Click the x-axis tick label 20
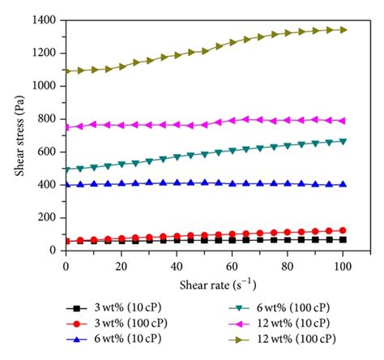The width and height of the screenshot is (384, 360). (x=121, y=264)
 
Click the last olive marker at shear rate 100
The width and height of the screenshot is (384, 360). (x=343, y=30)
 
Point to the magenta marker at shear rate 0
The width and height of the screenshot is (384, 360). (x=66, y=126)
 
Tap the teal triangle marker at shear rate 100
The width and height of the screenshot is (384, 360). (x=343, y=141)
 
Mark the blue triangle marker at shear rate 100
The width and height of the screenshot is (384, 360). (x=343, y=184)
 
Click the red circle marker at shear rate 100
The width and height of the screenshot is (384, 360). (x=343, y=230)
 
